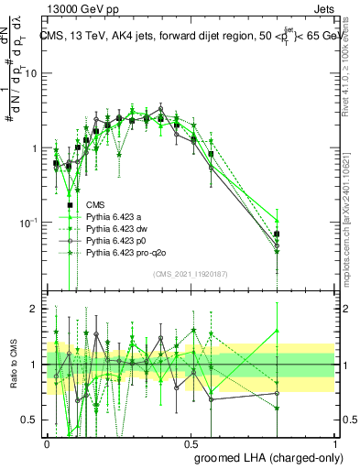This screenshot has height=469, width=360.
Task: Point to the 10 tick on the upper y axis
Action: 33,73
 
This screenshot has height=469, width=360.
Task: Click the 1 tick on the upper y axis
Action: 36,147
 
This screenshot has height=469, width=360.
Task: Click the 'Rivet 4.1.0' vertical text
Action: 353,69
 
